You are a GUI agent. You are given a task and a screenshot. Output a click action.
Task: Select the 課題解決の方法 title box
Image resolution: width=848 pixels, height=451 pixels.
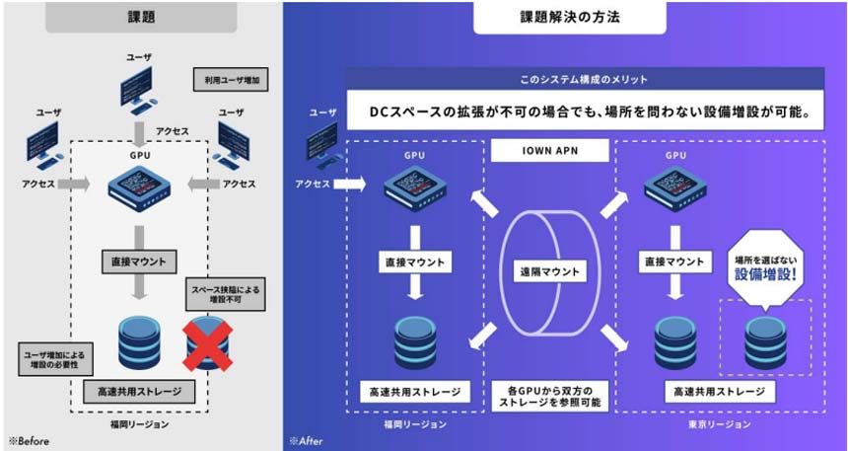click(563, 17)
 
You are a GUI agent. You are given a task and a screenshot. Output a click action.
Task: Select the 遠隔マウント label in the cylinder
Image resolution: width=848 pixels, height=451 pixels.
click(550, 272)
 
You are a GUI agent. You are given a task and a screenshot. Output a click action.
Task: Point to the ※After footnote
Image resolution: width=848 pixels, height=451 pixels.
click(307, 441)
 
